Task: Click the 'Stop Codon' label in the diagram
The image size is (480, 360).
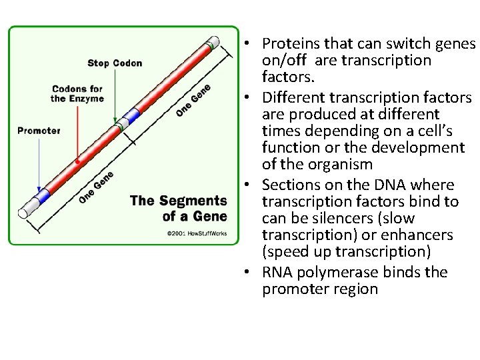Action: [x=115, y=63]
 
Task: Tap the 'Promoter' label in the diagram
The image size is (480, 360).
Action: [x=39, y=131]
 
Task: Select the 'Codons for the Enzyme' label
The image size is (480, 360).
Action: [x=77, y=93]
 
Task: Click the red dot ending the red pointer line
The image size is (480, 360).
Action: [x=78, y=161]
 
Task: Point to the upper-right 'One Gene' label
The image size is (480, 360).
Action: [x=193, y=101]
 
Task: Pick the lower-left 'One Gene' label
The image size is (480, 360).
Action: [x=96, y=187]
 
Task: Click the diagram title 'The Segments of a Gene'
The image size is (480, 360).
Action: [x=178, y=208]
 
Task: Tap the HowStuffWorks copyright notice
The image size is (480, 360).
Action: [x=197, y=233]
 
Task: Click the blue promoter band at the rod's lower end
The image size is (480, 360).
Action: [x=43, y=196]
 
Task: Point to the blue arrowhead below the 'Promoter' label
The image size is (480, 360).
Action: [x=39, y=189]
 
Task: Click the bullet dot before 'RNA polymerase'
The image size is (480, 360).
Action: [x=247, y=273]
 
